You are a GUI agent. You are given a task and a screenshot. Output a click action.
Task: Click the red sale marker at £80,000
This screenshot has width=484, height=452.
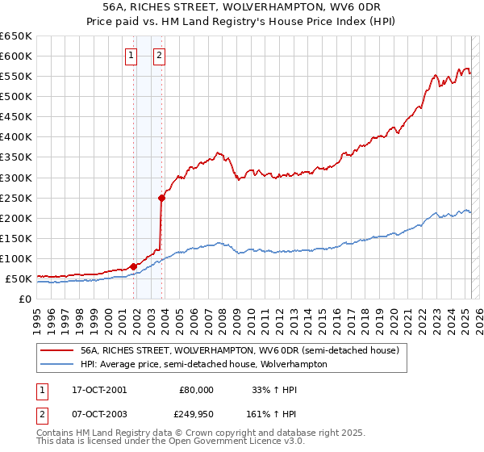click(x=133, y=266)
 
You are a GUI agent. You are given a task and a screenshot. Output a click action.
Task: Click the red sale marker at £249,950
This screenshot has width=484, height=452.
click(x=161, y=197)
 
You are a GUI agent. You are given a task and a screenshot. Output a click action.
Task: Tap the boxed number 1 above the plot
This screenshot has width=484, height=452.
click(x=131, y=56)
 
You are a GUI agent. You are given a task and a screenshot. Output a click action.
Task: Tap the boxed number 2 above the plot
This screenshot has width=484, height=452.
click(x=159, y=56)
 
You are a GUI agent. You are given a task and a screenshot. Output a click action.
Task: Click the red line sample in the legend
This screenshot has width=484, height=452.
click(x=56, y=350)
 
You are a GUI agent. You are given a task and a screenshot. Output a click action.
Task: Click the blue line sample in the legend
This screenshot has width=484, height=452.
click(x=56, y=364)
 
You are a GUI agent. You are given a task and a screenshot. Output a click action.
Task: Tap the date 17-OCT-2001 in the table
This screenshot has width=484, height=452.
click(x=99, y=390)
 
